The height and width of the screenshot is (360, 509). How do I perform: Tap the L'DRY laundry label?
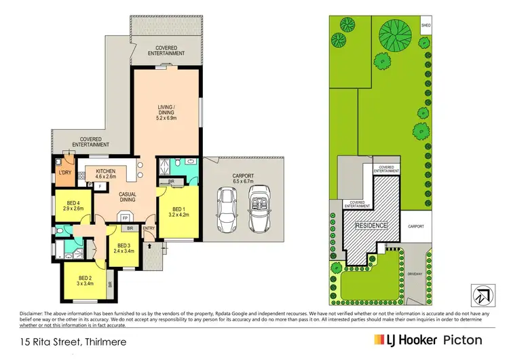(x=65, y=173)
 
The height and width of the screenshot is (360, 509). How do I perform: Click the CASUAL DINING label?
(x=128, y=196)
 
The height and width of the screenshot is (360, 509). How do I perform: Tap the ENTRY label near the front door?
(x=149, y=229)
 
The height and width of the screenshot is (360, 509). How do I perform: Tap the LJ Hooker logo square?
(x=377, y=339)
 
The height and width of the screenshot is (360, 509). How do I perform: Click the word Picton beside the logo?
(x=458, y=339)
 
